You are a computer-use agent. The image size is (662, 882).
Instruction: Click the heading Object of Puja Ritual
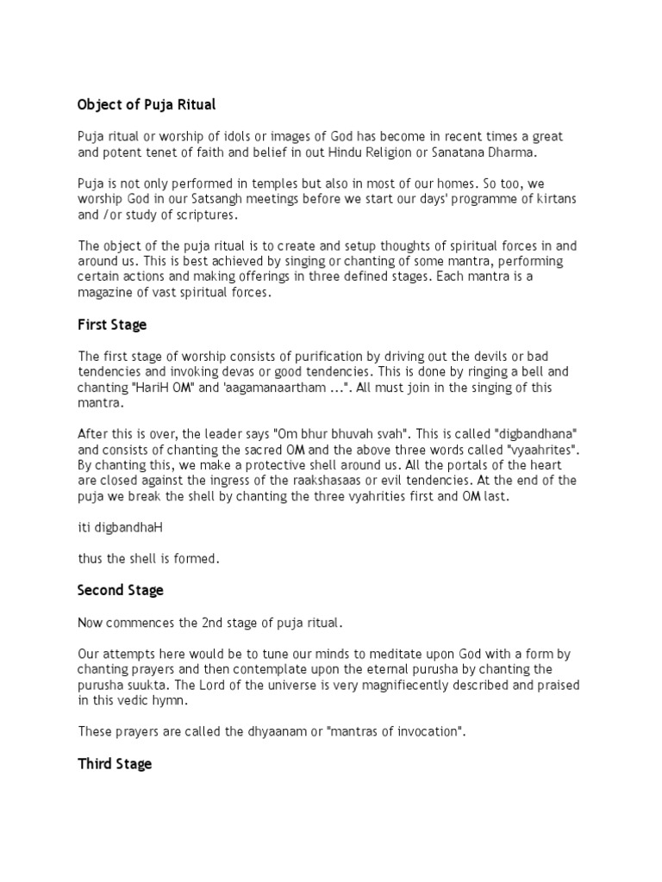(147, 105)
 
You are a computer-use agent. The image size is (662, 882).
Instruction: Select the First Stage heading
(112, 325)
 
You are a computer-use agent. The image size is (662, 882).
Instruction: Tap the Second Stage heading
(121, 590)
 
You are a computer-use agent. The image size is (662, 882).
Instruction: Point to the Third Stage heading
(115, 764)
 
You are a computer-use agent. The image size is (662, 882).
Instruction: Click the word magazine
(109, 293)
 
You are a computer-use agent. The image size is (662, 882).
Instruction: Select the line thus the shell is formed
(149, 559)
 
